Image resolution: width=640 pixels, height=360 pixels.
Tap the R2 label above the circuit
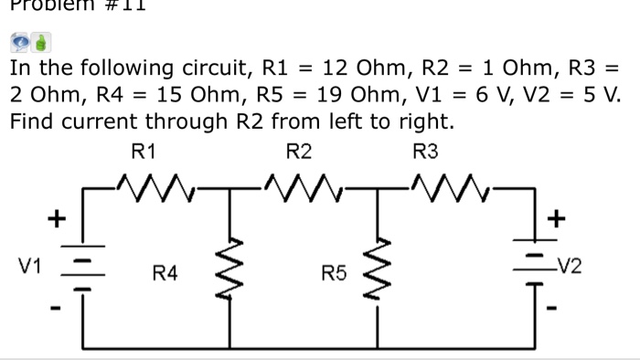(299, 151)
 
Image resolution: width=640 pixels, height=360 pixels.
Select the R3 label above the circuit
(426, 151)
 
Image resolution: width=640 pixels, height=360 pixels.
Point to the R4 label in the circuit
(165, 271)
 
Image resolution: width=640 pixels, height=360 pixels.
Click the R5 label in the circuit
(333, 271)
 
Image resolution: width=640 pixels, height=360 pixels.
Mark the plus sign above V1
(57, 219)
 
